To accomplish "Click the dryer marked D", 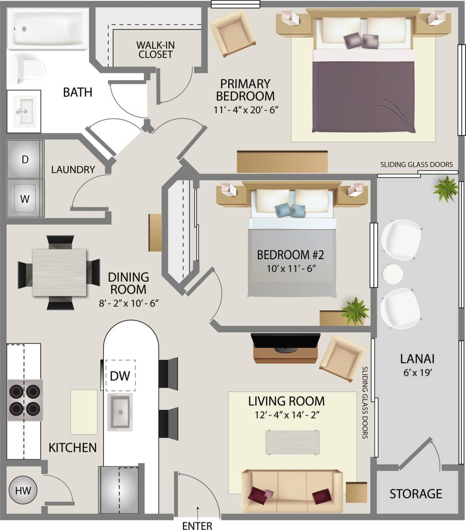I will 25,160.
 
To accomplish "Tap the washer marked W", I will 25,198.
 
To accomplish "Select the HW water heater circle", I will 23,490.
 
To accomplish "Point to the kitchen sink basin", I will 120,412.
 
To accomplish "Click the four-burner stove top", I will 25,400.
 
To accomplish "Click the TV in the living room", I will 286,341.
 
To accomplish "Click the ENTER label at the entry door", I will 197,525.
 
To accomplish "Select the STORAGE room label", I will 416,494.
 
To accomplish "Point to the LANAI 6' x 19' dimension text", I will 416,373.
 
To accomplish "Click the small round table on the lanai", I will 392,274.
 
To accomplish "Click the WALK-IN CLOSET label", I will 155,50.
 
